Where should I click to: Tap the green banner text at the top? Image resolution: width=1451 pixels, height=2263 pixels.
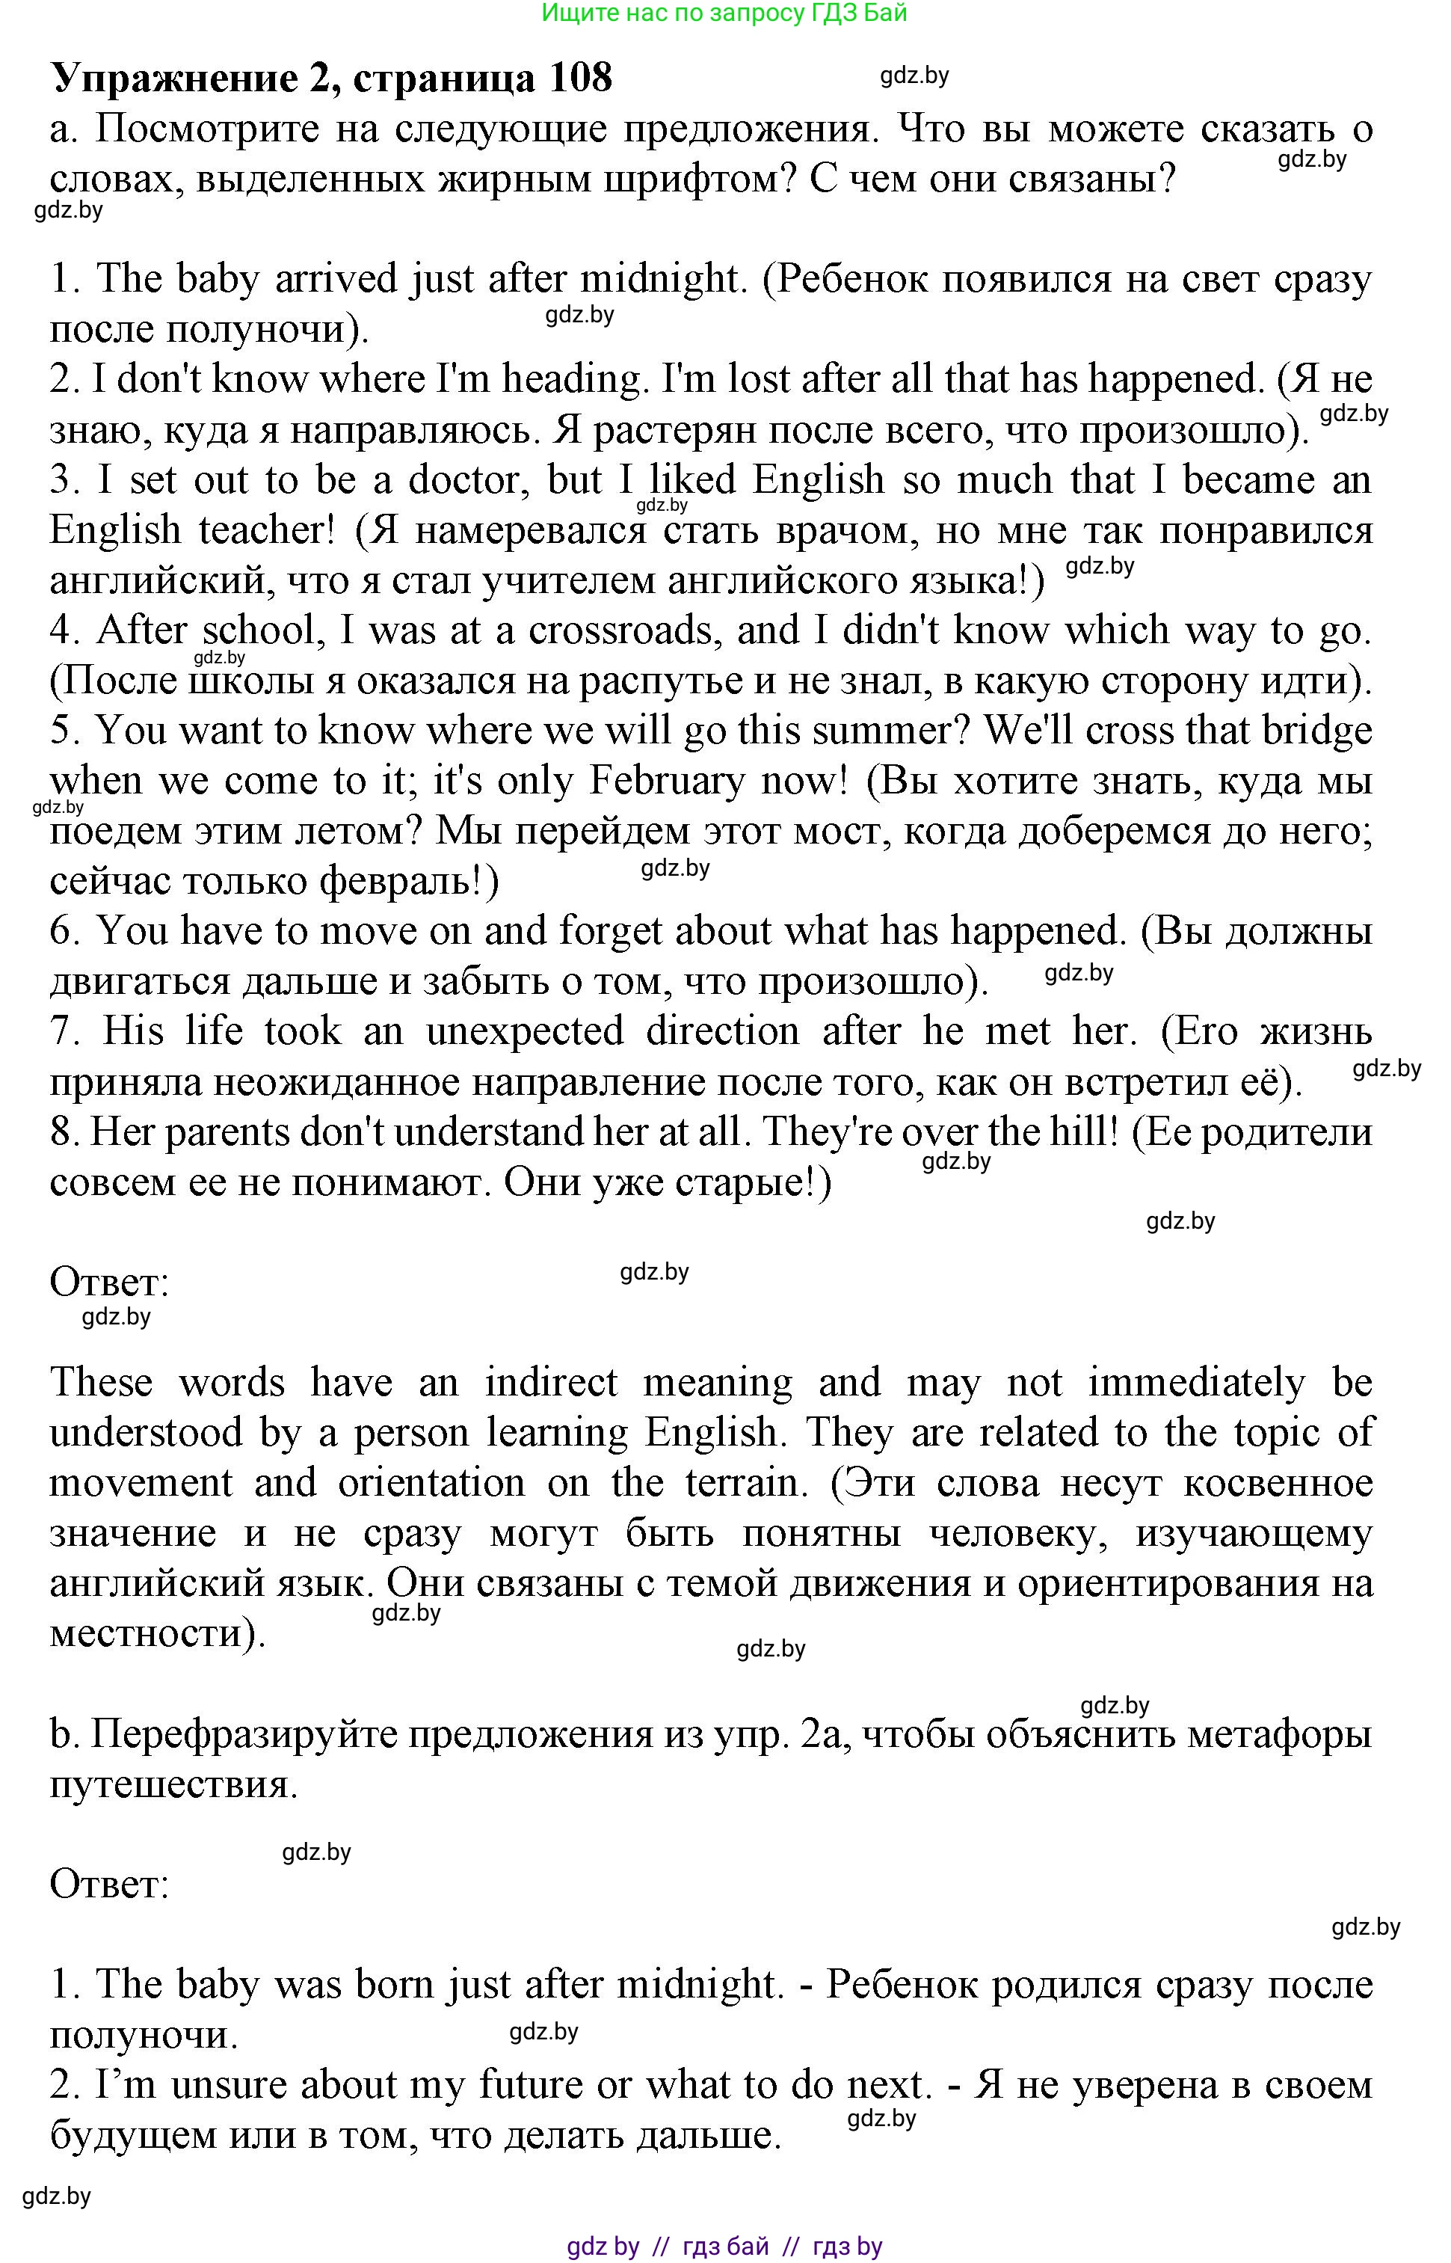click(724, 13)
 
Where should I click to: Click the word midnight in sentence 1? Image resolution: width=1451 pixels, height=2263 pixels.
click(659, 279)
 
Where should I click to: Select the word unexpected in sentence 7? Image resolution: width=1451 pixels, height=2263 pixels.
click(525, 1031)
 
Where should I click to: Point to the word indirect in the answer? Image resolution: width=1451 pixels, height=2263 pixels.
click(551, 1383)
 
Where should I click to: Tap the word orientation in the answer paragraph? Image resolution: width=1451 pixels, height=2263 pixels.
click(431, 1482)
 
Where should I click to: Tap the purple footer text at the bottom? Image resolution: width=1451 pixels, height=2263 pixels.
click(724, 2246)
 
